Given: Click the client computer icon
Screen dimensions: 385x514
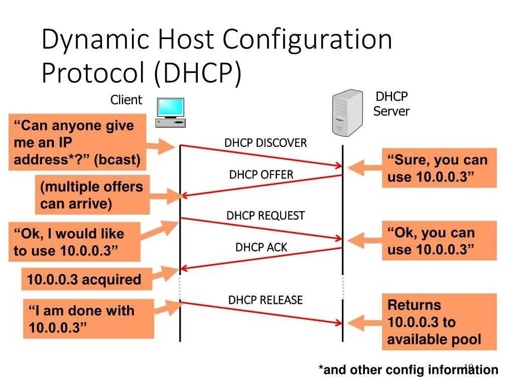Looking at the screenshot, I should click(x=171, y=112).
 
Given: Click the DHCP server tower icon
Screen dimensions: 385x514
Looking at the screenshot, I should click(x=347, y=112).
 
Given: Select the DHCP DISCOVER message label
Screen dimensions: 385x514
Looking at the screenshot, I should click(x=266, y=143).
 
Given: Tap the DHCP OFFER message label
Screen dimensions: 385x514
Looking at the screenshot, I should click(x=261, y=174).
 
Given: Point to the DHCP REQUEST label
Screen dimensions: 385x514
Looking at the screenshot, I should click(x=266, y=216).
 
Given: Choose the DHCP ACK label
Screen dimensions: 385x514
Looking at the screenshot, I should click(x=261, y=247).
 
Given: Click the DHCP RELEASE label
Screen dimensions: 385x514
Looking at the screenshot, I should click(x=266, y=300).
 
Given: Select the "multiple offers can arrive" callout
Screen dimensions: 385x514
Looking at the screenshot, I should click(x=92, y=195).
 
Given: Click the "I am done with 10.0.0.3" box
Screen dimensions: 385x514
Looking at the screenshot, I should click(x=88, y=319).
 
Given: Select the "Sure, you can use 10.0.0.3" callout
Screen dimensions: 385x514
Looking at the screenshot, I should click(x=439, y=168).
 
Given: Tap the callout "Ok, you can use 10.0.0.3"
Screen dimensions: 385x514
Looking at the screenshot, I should click(x=439, y=241).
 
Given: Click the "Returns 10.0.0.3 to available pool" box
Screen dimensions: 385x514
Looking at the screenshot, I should click(x=439, y=322).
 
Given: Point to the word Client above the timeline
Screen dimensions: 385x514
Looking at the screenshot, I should click(x=126, y=100).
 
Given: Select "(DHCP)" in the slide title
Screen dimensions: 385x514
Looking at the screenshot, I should click(x=197, y=73).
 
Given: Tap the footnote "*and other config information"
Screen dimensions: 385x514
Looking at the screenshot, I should click(x=408, y=370).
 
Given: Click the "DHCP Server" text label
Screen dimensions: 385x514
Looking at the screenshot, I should click(x=392, y=104).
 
